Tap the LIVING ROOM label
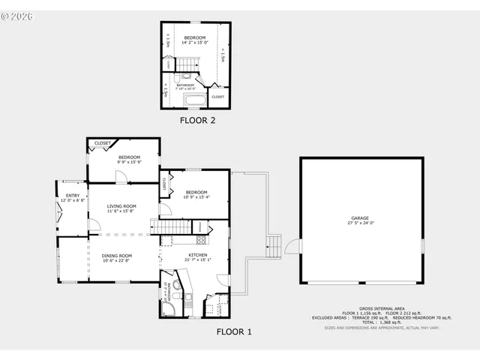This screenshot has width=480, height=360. point(121,206)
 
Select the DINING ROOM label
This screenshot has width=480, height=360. point(116,256)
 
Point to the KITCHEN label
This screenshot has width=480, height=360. point(198,256)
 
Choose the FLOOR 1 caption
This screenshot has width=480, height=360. point(234,331)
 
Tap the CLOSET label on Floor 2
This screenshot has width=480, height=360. point(217,97)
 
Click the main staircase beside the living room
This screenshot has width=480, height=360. point(171,226)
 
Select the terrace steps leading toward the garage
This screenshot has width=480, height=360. point(274,245)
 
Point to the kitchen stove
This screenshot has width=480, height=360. point(200,240)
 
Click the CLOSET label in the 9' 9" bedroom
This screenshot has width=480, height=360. point(102,142)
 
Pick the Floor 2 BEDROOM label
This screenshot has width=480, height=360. point(195,37)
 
